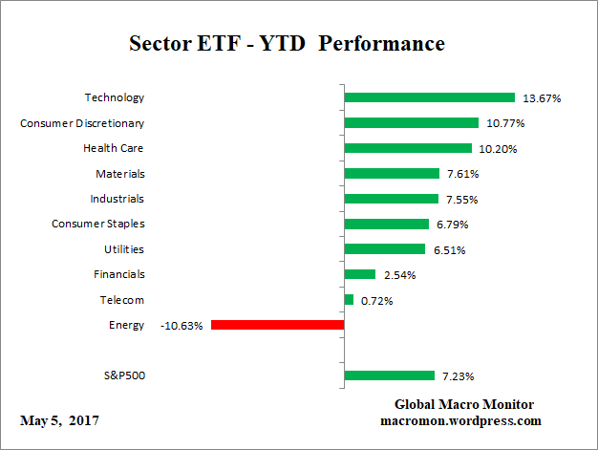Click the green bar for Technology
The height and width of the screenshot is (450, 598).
point(430,97)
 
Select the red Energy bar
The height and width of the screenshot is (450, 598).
point(277,325)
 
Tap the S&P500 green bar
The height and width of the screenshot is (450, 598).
point(389,375)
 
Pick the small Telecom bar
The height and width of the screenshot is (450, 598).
point(349,300)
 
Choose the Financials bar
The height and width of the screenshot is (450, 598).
point(360,274)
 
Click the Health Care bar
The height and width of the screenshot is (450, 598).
point(408,148)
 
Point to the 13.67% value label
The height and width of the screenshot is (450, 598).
point(542,98)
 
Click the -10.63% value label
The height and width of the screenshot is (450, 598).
point(182,326)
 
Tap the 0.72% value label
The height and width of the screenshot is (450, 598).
point(377,301)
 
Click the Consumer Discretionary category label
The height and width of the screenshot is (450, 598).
point(82,123)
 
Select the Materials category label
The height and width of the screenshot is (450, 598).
point(119,174)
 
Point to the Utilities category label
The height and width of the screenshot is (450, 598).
point(122,248)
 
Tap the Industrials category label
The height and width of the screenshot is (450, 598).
point(117,199)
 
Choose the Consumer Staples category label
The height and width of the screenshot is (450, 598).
point(97,224)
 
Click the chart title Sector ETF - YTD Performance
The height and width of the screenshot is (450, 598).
point(287,44)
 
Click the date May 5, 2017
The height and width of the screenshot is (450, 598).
point(58,420)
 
